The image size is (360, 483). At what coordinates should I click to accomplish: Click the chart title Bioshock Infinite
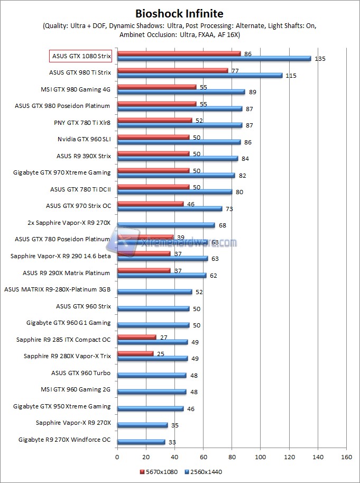(179, 13)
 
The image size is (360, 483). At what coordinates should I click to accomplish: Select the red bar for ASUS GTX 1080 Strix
(179, 53)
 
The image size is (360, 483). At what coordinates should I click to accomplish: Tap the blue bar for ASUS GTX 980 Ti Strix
(200, 76)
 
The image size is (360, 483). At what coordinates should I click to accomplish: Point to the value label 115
(291, 76)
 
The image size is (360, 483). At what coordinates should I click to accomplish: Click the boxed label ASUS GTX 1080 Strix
(80, 56)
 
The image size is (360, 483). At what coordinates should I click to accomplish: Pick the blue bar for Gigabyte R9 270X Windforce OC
(141, 442)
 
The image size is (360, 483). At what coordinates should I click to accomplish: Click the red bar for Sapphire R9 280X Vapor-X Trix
(135, 353)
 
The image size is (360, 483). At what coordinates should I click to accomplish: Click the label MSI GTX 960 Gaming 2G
(76, 389)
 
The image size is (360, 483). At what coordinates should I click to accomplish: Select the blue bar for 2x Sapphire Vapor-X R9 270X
(166, 225)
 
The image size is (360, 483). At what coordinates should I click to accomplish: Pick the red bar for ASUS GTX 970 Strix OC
(150, 203)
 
